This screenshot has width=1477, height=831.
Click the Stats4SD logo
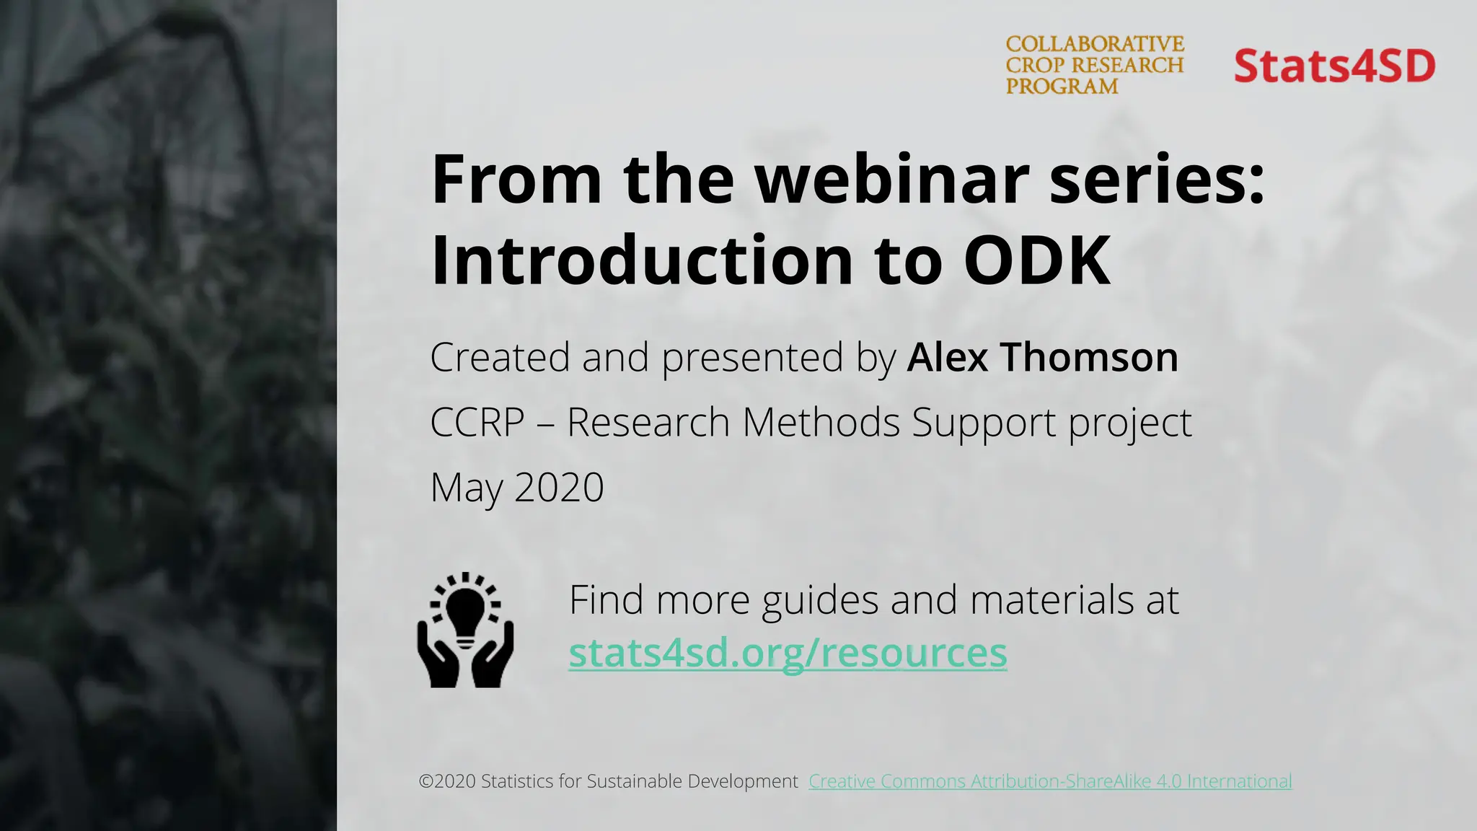click(x=1334, y=66)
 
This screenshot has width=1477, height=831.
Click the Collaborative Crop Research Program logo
click(x=1095, y=65)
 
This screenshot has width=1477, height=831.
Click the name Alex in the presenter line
click(x=948, y=357)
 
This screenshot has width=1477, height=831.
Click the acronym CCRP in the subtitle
click(x=477, y=422)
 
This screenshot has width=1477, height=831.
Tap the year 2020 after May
click(x=559, y=487)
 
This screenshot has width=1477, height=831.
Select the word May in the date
click(x=466, y=488)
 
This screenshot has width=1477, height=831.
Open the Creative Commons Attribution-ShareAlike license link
click(x=1050, y=781)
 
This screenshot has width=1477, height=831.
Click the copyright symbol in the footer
click(x=426, y=781)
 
